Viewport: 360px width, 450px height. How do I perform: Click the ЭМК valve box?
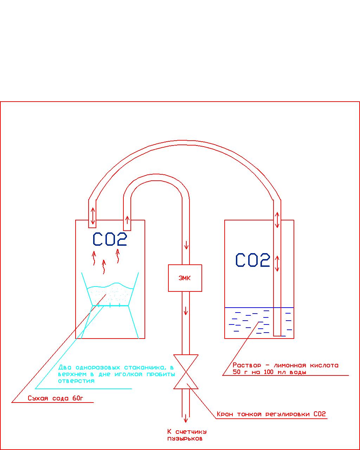coord(185,278)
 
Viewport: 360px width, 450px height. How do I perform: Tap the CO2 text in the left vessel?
coord(110,239)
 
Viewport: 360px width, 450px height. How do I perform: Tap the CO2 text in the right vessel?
coord(252,260)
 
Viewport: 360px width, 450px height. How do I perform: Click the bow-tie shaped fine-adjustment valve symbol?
coord(186,372)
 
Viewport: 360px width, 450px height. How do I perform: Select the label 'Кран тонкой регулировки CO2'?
coord(271,414)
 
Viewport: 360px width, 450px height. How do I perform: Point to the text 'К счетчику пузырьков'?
coord(187,435)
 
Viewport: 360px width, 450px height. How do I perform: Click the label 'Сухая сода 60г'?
coord(56,398)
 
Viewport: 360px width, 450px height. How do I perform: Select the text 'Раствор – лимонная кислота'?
coord(285,365)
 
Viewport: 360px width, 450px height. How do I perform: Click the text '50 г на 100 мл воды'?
coord(269,372)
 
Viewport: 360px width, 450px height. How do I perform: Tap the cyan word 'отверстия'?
coord(76,381)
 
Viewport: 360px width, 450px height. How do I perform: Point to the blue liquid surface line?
coord(246,308)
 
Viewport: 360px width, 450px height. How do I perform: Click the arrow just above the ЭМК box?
coord(186,245)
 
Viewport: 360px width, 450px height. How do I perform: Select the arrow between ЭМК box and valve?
coord(186,310)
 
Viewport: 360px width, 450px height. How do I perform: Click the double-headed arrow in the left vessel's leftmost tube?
coord(92,216)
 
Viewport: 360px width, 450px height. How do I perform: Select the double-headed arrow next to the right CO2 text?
coord(277,264)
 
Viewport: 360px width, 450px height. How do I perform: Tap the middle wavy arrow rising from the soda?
coord(104,267)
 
